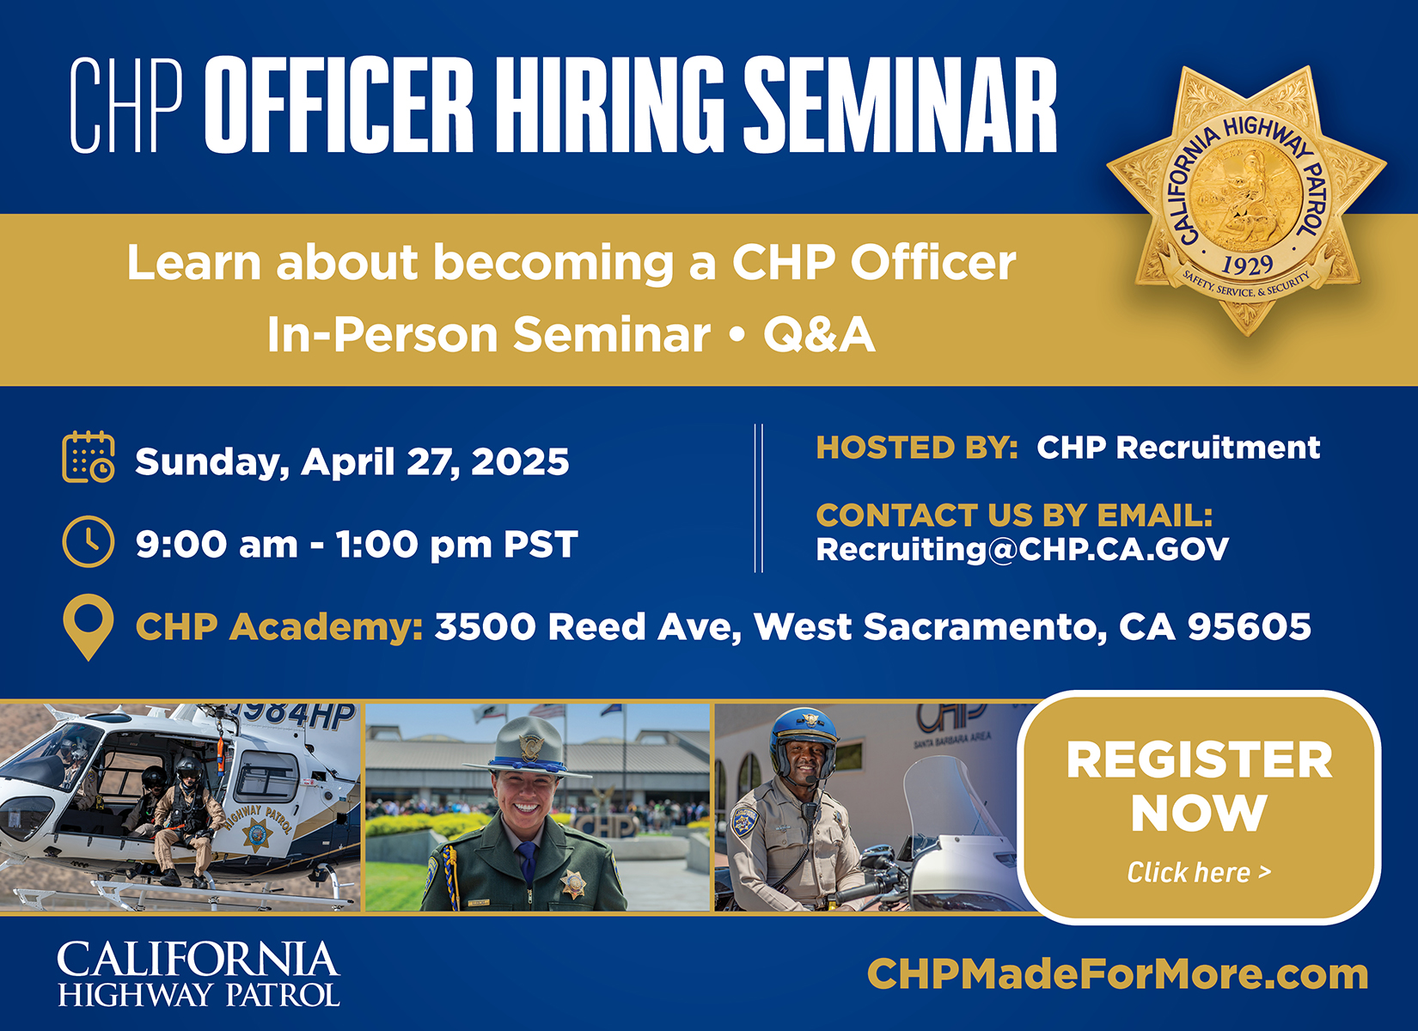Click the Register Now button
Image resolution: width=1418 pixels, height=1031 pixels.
[1199, 807]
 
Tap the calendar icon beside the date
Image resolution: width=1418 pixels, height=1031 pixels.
[89, 457]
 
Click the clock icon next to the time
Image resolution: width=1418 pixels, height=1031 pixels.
[89, 542]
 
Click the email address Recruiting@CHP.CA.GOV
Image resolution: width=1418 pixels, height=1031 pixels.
[1023, 549]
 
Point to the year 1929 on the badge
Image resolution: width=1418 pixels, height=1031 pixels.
[1247, 265]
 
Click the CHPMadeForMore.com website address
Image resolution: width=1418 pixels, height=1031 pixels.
[1117, 974]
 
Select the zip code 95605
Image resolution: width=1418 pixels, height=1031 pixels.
[1250, 626]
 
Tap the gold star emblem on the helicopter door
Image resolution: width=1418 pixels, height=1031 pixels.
[258, 835]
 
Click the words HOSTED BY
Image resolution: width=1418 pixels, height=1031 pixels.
[917, 448]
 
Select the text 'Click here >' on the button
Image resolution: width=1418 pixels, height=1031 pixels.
[1199, 872]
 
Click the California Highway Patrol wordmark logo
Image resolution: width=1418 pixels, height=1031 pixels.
[199, 974]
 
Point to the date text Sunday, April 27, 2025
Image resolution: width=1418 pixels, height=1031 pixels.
[352, 462]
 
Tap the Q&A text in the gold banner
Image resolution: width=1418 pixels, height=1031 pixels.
[819, 334]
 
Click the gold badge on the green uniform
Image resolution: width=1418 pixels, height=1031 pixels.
[572, 883]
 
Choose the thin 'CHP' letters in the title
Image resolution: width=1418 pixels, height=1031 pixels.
[126, 105]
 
